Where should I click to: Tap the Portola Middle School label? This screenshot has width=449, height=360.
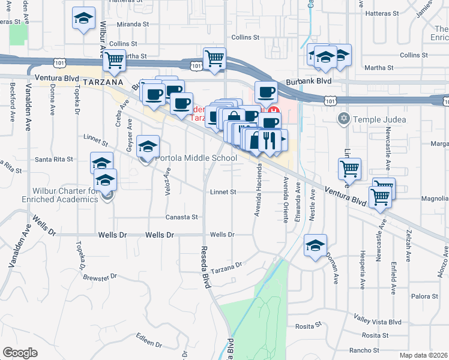coord(195,158)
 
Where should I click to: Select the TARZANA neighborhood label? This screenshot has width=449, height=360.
coord(103,81)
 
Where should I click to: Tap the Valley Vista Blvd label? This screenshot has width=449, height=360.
coord(378,322)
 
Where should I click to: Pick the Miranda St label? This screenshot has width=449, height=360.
coord(133,24)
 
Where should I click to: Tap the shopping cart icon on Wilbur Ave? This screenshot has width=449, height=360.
coord(113,60)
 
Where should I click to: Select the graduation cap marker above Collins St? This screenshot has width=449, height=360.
coord(83,18)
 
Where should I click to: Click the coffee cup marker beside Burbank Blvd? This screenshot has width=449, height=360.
coord(266,92)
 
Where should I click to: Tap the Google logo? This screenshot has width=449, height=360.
coord(20,353)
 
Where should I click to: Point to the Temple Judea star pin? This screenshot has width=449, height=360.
coord(343,118)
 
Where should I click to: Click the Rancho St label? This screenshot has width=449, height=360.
coord(367,350)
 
